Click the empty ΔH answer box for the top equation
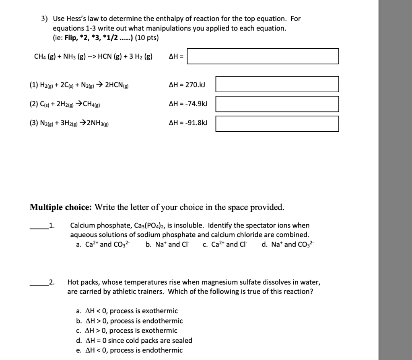coord(263,56)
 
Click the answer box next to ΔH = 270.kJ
coord(277,84)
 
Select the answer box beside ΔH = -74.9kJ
coord(277,104)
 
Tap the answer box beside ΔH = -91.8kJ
coord(277,124)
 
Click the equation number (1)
coord(34,85)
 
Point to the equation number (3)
coord(34,123)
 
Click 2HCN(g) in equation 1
coord(116,85)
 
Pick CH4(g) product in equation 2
coord(91,104)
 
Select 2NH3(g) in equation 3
coord(97,123)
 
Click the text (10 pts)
coord(147,38)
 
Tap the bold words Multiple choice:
coord(61,207)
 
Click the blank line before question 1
coord(39,228)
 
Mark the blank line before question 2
coord(39,284)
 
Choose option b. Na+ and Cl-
coord(169,244)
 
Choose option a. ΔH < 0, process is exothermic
coord(127,311)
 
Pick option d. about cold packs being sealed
coord(134,340)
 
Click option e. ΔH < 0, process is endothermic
coord(129,350)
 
